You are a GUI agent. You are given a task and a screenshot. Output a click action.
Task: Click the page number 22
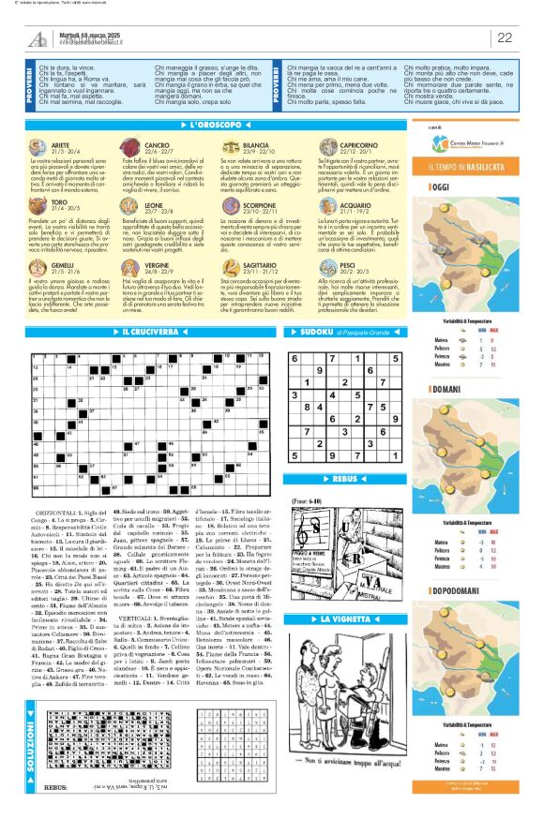point(505,37)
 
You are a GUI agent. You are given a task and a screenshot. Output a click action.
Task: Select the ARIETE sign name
point(60,146)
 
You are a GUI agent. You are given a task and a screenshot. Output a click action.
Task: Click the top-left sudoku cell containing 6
point(297,332)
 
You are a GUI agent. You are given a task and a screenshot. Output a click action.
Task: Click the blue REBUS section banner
point(353,478)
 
